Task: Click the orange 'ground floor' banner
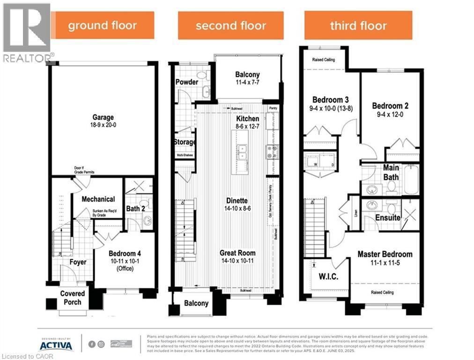coord(103,25)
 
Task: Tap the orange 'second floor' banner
coord(230,25)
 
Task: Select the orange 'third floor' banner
coord(358,25)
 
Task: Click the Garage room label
coord(103,118)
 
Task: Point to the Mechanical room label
coord(98,199)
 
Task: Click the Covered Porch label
coord(73,297)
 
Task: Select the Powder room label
coord(186,82)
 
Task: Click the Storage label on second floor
coord(185,142)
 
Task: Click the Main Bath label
coord(391,172)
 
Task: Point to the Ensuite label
coord(388,218)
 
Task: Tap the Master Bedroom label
coord(385,254)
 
